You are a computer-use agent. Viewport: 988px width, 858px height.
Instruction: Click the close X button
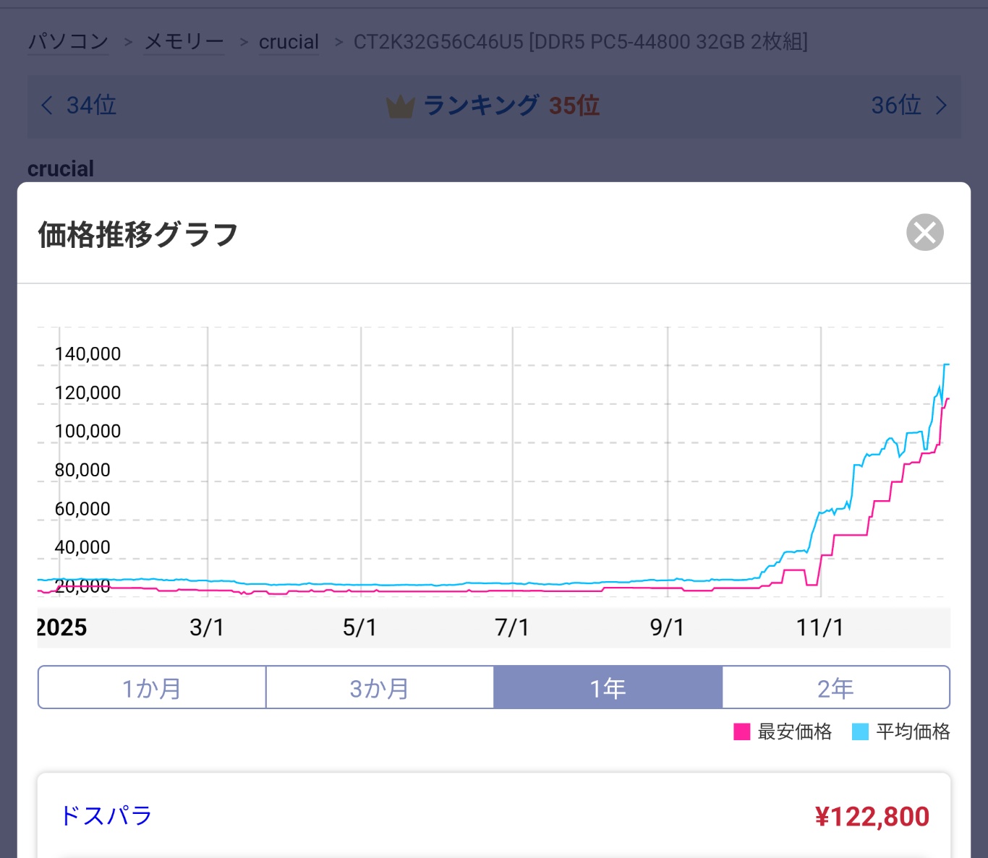pyautogui.click(x=924, y=233)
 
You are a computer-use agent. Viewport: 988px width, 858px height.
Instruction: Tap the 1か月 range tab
pyautogui.click(x=152, y=687)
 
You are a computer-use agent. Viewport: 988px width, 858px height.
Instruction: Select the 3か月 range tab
pyautogui.click(x=380, y=687)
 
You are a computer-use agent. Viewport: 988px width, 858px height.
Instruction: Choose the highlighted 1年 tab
pyautogui.click(x=608, y=687)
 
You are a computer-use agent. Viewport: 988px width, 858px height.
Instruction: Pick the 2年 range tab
pyautogui.click(x=835, y=687)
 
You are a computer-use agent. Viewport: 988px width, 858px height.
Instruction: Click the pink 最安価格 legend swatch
pyautogui.click(x=741, y=732)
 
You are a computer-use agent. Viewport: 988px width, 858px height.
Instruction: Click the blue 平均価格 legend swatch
pyautogui.click(x=860, y=732)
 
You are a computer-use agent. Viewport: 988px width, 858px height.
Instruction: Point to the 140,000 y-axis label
pyautogui.click(x=88, y=354)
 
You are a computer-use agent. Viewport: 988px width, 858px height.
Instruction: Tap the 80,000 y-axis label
pyautogui.click(x=82, y=470)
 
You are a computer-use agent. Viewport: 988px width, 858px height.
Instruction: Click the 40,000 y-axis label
pyautogui.click(x=82, y=547)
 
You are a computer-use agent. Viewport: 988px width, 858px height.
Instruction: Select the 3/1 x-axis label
pyautogui.click(x=207, y=627)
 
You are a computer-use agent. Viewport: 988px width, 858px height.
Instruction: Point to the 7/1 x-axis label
pyautogui.click(x=512, y=627)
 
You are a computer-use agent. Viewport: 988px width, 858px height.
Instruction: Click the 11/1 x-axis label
pyautogui.click(x=819, y=627)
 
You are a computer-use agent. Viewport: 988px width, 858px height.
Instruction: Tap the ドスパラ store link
pyautogui.click(x=106, y=815)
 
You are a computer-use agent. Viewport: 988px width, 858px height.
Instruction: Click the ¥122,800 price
pyautogui.click(x=872, y=817)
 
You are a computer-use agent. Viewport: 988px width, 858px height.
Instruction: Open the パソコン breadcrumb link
pyautogui.click(x=68, y=42)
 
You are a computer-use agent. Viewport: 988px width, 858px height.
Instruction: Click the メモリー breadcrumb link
pyautogui.click(x=184, y=42)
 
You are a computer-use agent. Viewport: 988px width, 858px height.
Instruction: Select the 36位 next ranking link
pyautogui.click(x=908, y=106)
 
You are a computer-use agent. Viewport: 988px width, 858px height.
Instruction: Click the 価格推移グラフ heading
pyautogui.click(x=137, y=235)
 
